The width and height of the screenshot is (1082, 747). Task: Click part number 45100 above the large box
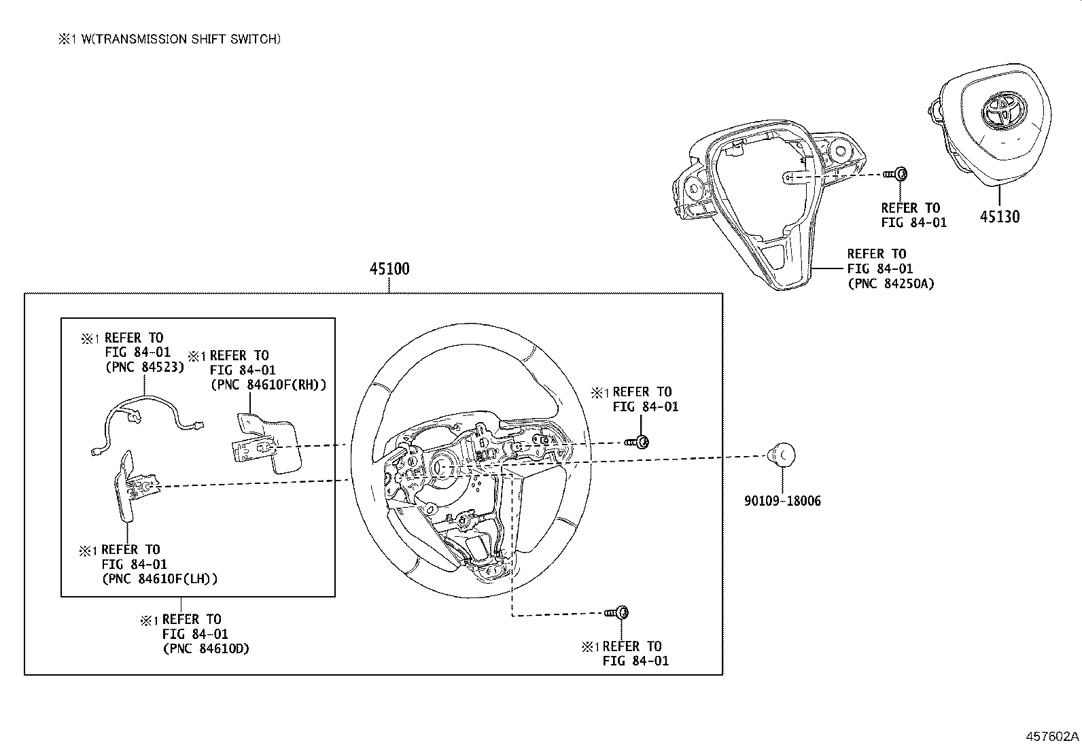[389, 269]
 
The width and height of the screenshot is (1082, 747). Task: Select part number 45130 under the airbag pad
[999, 217]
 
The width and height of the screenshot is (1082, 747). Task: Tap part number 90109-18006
[782, 502]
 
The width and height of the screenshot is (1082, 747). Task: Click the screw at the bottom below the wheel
[618, 612]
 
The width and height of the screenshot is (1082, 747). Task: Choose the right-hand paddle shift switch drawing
[265, 442]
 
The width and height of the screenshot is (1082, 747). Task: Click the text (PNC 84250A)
[890, 284]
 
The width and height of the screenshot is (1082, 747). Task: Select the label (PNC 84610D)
[206, 648]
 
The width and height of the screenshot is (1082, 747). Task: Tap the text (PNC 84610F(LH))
[160, 579]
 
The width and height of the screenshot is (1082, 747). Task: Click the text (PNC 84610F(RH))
[268, 385]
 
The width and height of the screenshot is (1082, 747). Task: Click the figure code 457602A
[1052, 736]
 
